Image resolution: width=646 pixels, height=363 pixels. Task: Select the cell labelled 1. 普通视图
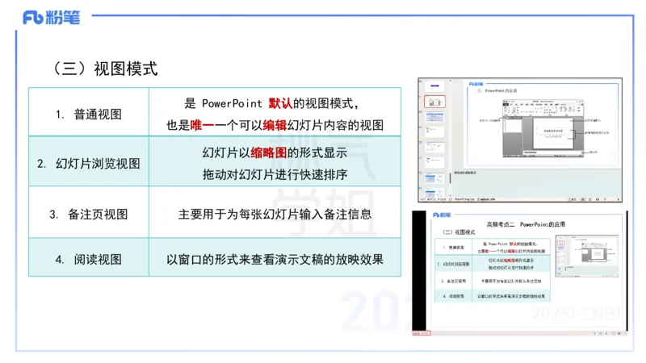(x=89, y=114)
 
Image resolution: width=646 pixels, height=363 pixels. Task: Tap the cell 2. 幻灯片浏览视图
(x=89, y=164)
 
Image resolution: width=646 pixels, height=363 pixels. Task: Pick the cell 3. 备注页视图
(x=89, y=215)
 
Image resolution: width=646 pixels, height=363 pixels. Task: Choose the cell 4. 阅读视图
(x=89, y=260)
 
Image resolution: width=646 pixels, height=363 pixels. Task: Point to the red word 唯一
(x=203, y=125)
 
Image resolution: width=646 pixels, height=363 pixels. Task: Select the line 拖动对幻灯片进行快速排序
(x=275, y=174)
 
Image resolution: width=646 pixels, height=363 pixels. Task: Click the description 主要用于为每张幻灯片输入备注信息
(x=275, y=215)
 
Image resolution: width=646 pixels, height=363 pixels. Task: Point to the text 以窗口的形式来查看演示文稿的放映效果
(x=275, y=260)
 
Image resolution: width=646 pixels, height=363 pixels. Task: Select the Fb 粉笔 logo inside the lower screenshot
(x=442, y=215)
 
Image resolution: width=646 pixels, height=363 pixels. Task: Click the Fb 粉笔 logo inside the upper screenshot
(x=476, y=83)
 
